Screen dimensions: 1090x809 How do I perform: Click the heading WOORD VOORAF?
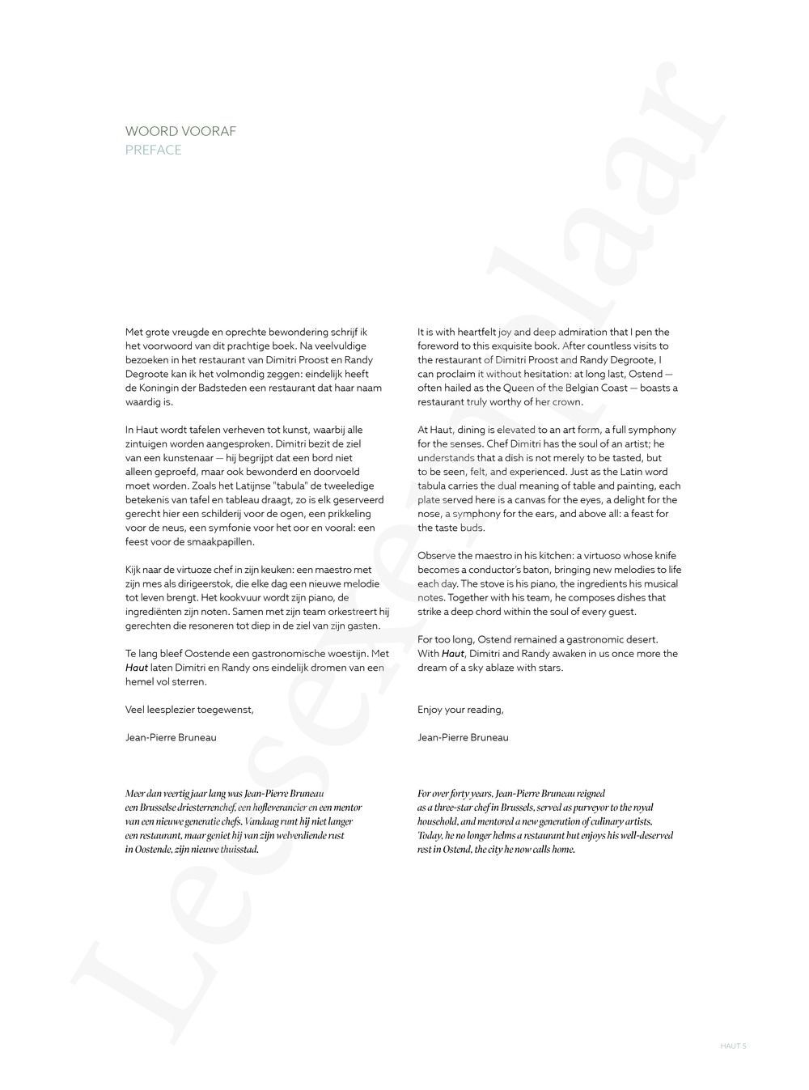pos(180,131)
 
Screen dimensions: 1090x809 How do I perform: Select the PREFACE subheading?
pos(153,150)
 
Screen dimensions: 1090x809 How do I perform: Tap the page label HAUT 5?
pos(733,1045)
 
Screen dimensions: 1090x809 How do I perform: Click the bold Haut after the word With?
pos(453,654)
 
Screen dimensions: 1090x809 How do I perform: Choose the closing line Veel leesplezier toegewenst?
pos(189,710)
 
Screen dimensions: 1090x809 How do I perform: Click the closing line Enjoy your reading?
pos(460,710)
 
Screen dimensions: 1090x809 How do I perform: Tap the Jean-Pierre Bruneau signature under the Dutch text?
pos(171,737)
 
